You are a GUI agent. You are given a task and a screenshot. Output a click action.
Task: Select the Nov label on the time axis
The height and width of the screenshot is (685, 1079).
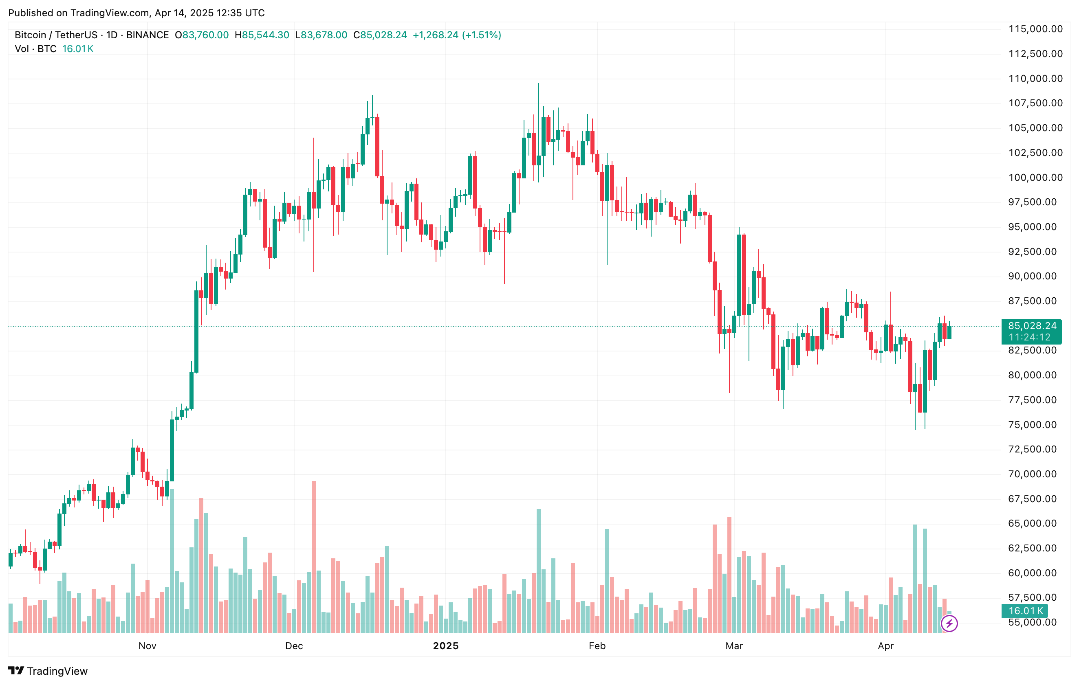coord(148,645)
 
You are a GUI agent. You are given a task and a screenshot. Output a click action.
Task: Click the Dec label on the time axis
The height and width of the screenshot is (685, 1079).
coord(294,645)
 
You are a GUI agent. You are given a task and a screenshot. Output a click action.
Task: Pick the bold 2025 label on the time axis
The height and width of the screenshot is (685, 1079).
coord(445,645)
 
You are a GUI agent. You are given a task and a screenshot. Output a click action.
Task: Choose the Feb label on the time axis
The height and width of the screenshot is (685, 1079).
coord(597,645)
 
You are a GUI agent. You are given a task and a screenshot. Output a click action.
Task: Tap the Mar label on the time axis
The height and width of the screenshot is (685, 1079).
coord(734,645)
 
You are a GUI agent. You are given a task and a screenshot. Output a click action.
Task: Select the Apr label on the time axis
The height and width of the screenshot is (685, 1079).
coord(885,645)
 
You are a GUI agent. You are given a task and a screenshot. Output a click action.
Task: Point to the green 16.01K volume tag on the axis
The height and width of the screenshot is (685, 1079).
coord(1025,611)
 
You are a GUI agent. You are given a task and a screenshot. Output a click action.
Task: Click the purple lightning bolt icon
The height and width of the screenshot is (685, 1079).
coord(949,623)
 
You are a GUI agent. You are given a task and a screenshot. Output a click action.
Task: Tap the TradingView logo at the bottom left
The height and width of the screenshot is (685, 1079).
coord(48,671)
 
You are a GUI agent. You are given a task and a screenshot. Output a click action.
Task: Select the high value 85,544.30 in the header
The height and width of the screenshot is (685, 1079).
coord(265,35)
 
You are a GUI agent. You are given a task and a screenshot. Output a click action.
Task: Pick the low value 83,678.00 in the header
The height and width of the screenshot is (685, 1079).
coord(324,35)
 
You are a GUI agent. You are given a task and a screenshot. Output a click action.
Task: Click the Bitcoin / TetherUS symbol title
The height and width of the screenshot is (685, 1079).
coord(55,35)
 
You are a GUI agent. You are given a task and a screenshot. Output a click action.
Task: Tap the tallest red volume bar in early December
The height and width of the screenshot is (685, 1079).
coord(314,555)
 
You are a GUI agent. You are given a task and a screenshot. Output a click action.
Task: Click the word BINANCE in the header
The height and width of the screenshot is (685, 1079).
coord(148,35)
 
